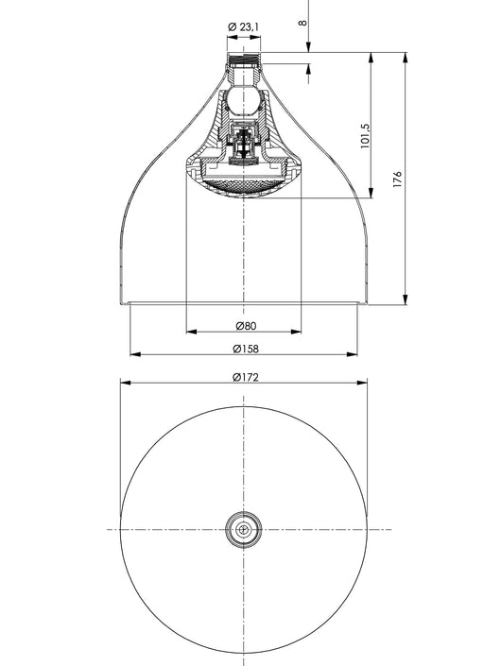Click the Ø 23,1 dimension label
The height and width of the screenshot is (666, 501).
point(244,27)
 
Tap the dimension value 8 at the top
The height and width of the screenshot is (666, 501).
point(302,22)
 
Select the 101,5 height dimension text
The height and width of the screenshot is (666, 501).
point(366,136)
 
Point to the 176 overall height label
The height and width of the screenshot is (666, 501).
point(397,179)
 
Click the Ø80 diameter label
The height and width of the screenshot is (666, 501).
point(246,326)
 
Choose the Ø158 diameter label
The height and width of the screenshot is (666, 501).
point(246,349)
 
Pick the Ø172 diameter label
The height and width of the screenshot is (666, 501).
point(246,377)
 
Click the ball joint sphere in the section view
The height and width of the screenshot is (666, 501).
point(243,101)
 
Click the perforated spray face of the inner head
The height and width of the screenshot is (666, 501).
point(244,185)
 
